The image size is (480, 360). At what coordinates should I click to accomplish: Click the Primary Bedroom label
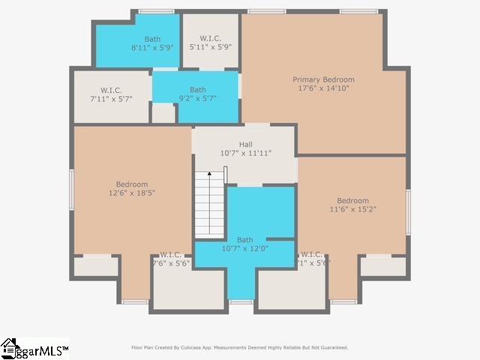[x=323, y=79]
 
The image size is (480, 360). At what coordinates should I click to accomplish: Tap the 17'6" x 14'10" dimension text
[x=323, y=88]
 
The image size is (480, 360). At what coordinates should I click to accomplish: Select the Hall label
[x=246, y=144]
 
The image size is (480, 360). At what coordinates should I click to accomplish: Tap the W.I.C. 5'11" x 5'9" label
[x=211, y=42]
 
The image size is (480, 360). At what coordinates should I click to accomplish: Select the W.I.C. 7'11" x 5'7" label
[x=111, y=94]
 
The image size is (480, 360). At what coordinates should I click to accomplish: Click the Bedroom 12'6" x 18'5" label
[x=131, y=188]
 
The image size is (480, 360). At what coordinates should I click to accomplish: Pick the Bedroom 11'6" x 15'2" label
[x=352, y=205]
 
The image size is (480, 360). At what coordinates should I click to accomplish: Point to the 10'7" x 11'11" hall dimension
[x=246, y=153]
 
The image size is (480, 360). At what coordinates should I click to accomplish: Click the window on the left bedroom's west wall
[x=72, y=188]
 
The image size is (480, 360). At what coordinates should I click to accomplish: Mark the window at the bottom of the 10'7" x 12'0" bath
[x=241, y=301]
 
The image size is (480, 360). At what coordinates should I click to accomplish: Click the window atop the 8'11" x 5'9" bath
[x=156, y=11]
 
